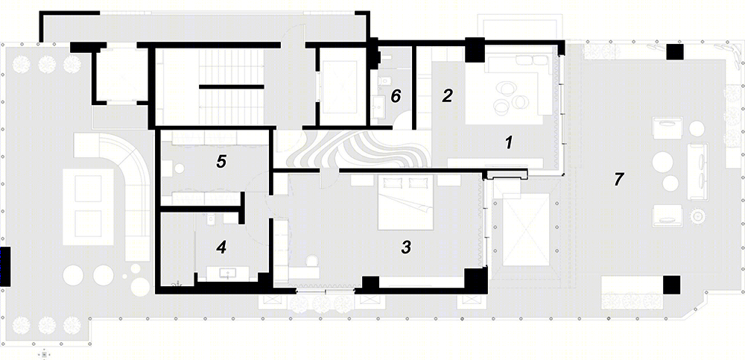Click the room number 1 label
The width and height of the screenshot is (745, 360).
[509, 142]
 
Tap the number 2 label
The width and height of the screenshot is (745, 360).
[446, 95]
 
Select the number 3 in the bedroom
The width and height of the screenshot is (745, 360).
[406, 247]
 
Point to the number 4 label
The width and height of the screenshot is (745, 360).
[221, 247]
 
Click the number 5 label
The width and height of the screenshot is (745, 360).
[221, 162]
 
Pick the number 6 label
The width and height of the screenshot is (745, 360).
[396, 96]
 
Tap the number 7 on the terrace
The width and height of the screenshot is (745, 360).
[618, 179]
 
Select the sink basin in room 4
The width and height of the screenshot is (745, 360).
[227, 274]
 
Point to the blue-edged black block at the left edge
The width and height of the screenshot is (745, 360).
[5, 266]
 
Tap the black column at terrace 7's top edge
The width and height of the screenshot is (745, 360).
[674, 52]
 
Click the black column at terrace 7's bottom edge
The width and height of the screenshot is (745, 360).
[671, 284]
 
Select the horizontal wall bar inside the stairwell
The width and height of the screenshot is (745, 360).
[231, 86]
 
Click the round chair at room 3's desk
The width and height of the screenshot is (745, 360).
[312, 261]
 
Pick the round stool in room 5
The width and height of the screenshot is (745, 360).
[180, 168]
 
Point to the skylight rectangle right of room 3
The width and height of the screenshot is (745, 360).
[526, 230]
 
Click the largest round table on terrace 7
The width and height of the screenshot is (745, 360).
[662, 162]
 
